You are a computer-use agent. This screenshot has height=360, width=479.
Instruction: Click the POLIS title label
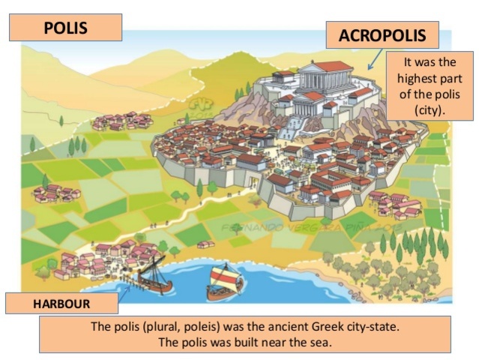click(x=65, y=28)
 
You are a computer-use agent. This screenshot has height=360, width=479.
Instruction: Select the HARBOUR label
click(x=62, y=304)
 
